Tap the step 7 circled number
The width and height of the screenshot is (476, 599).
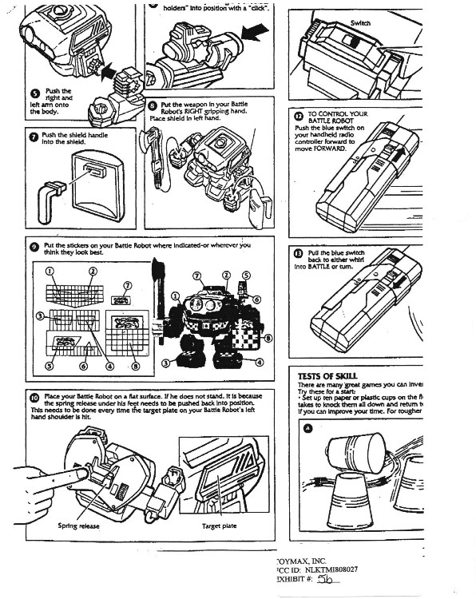(x=34, y=136)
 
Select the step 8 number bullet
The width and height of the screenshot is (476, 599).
(x=153, y=105)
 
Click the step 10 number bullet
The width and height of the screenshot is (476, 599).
(x=34, y=396)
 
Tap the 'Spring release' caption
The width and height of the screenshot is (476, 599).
(x=78, y=526)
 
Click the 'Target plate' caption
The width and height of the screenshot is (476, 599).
(x=218, y=526)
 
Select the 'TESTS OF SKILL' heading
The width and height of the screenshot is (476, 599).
(x=327, y=375)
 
